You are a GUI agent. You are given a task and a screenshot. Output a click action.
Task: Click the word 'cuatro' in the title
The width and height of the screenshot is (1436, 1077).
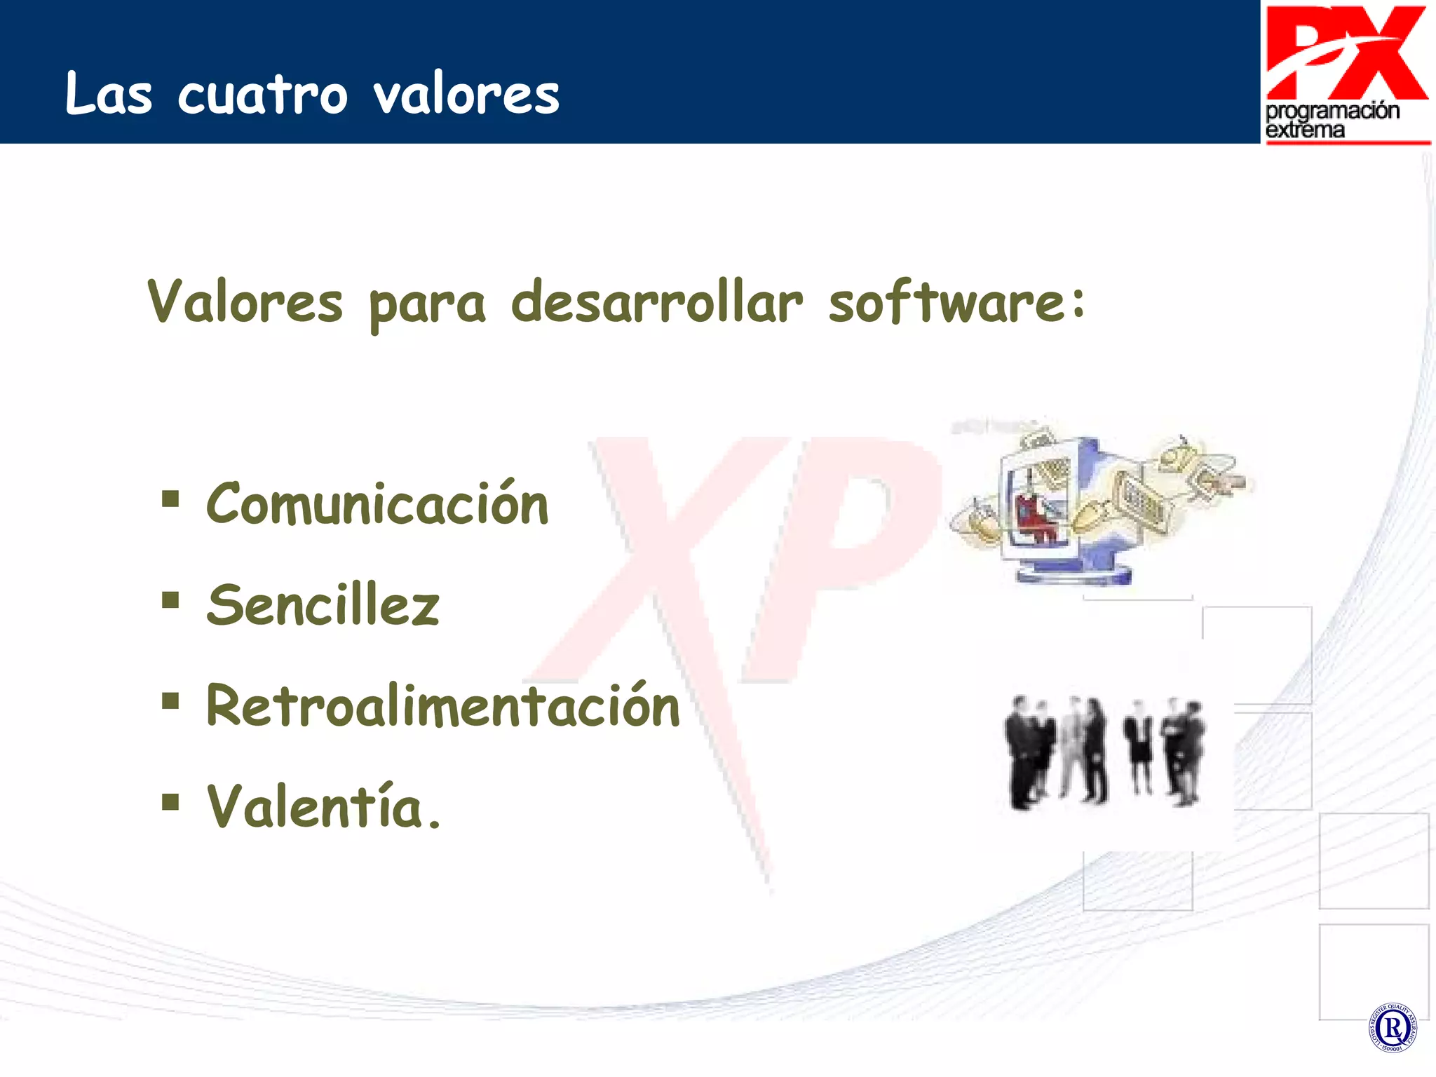(262, 95)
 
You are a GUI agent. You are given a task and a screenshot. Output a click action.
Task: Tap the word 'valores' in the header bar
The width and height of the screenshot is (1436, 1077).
(466, 95)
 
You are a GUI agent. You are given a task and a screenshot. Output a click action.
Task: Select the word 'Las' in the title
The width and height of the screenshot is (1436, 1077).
(108, 95)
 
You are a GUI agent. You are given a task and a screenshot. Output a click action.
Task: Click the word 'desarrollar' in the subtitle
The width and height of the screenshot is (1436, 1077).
(656, 303)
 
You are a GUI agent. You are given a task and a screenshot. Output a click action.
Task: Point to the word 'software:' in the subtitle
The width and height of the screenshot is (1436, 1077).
(956, 303)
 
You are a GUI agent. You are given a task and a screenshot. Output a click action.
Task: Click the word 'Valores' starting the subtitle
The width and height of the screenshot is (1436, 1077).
(245, 303)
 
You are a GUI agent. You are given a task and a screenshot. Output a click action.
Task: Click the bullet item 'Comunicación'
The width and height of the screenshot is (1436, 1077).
(377, 504)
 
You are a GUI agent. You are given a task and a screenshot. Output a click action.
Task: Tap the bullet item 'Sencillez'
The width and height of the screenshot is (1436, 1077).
(323, 605)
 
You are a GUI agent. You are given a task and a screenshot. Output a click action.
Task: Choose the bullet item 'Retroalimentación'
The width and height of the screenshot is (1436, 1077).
(442, 705)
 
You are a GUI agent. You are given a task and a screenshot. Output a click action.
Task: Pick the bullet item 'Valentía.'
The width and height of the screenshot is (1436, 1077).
(323, 806)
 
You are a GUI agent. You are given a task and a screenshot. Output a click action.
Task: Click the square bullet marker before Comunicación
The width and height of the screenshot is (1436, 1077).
(170, 499)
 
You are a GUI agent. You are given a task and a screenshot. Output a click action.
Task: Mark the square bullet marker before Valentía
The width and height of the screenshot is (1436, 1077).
(170, 801)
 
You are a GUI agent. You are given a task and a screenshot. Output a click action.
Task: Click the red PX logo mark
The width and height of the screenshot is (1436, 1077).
(1346, 53)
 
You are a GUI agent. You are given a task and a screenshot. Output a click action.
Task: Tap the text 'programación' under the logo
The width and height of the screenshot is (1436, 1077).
(1332, 111)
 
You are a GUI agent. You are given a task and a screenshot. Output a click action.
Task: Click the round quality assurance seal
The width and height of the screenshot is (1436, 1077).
(1393, 1028)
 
